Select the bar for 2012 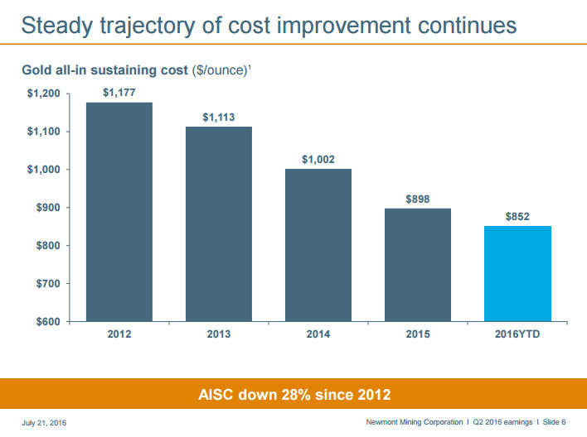pyautogui.click(x=119, y=212)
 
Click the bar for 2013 pyautogui.click(x=219, y=223)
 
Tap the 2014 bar pyautogui.click(x=318, y=245)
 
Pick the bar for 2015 pyautogui.click(x=418, y=265)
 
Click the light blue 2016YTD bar pyautogui.click(x=518, y=273)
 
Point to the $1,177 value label pyautogui.click(x=119, y=93)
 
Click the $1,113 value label pyautogui.click(x=219, y=118)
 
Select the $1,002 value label pyautogui.click(x=318, y=160)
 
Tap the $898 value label pyautogui.click(x=418, y=199)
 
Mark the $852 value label pyautogui.click(x=518, y=217)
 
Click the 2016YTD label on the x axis pyautogui.click(x=518, y=334)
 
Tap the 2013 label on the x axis pyautogui.click(x=219, y=334)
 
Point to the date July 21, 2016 pyautogui.click(x=44, y=424)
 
